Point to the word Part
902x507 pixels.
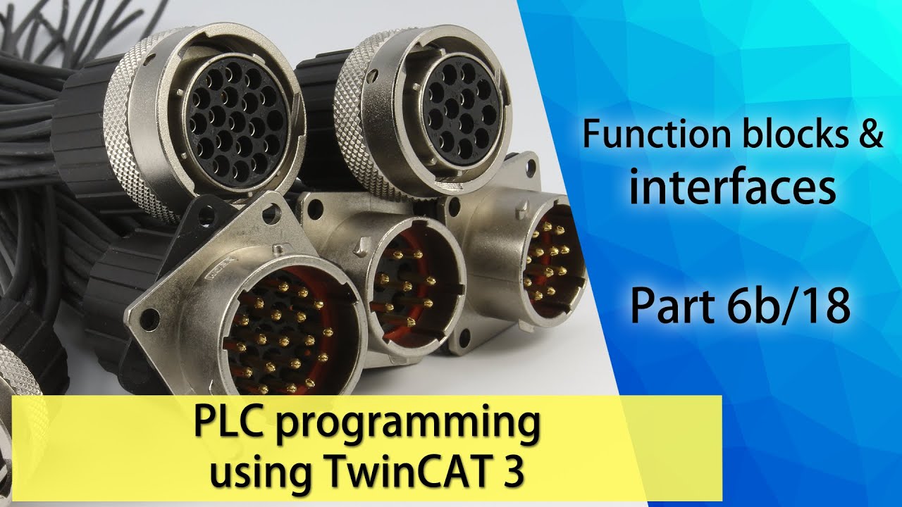666,308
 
